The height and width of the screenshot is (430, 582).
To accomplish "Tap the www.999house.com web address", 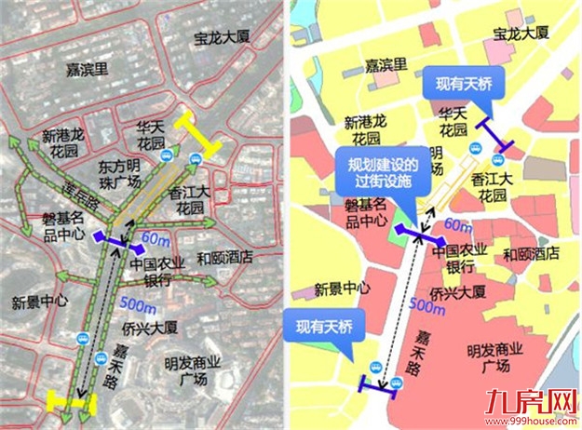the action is [539, 422].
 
